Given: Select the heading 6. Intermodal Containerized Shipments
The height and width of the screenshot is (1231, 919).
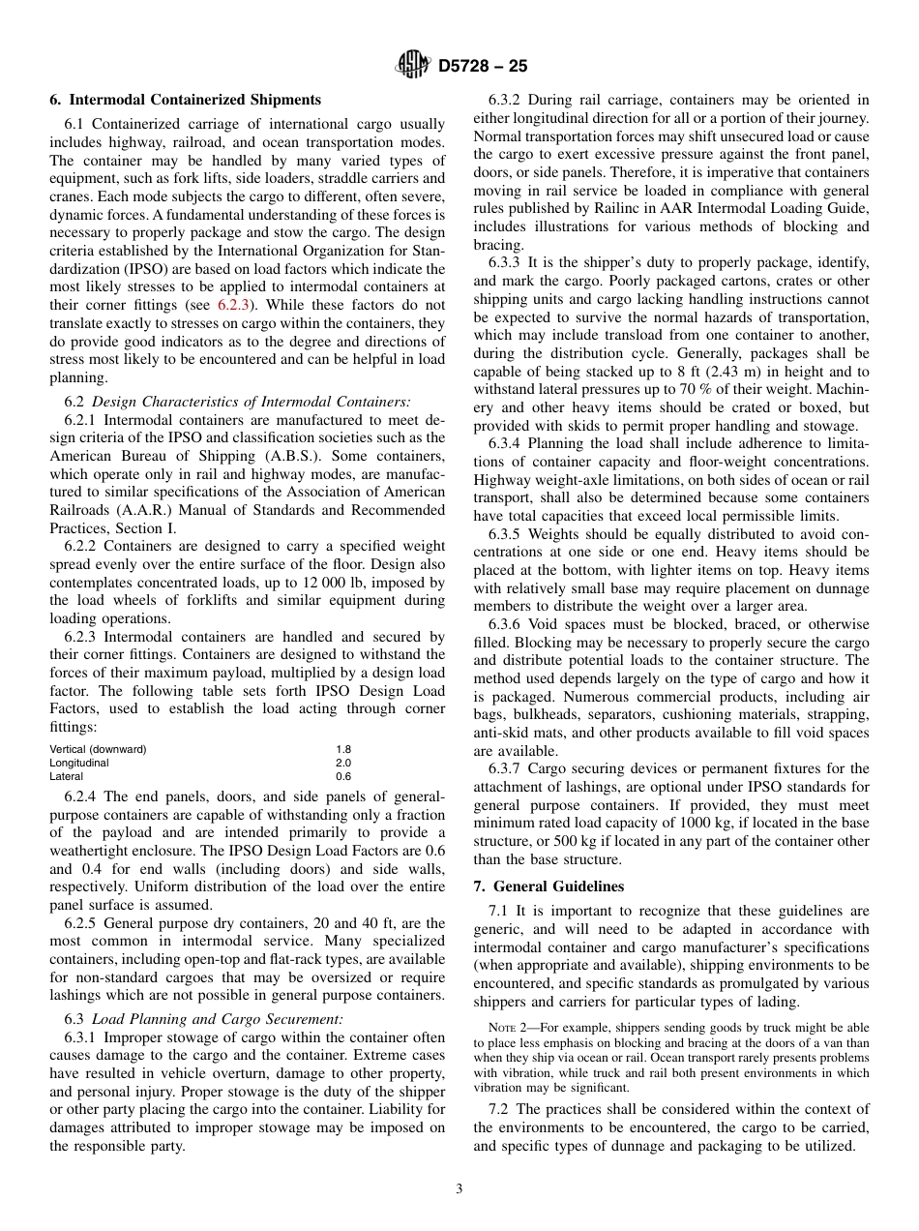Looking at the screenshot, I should point(185,100).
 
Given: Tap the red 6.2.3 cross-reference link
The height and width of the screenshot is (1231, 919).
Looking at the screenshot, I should point(233,304).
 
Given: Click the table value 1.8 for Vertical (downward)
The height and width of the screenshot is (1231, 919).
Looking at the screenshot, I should point(343,749).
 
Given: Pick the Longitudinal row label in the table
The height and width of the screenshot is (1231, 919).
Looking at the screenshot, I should point(79,763).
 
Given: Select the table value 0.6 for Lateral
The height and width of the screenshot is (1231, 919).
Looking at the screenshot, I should point(343,776).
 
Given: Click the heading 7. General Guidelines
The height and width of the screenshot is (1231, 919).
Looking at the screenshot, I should point(548,886).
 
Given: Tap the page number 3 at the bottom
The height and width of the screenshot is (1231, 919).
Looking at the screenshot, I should point(459,1189).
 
